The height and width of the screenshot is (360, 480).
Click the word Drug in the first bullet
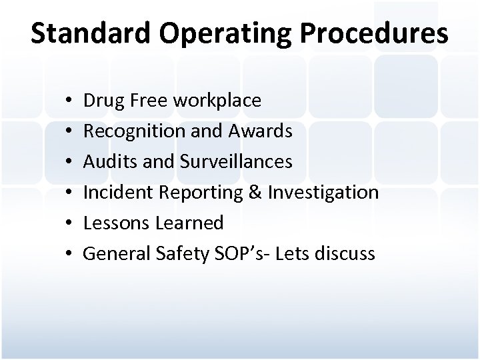(x=102, y=101)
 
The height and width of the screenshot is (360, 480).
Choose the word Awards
(x=262, y=131)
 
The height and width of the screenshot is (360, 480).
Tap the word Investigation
(x=323, y=193)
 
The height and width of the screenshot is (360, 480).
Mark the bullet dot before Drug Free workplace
(x=69, y=101)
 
